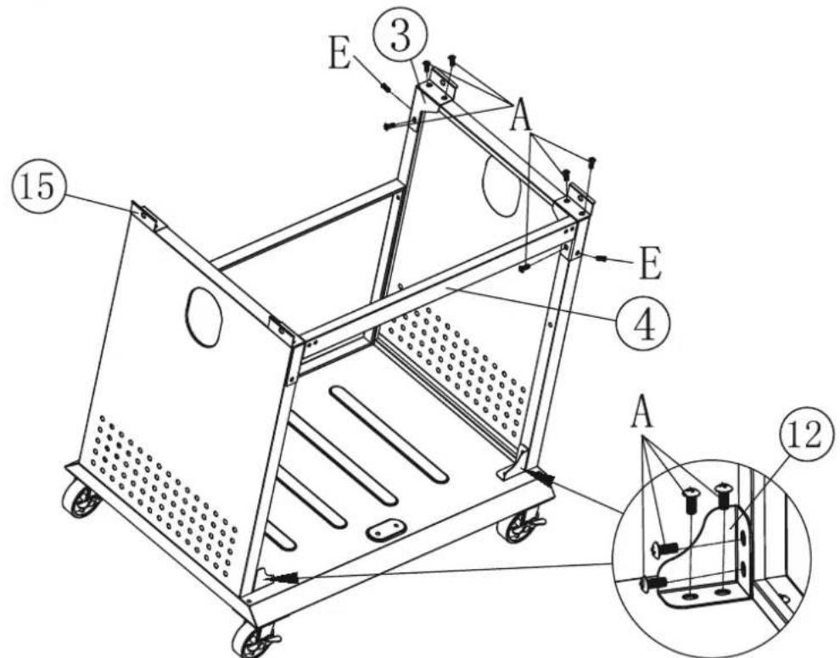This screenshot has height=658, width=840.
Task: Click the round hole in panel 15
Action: (204, 317)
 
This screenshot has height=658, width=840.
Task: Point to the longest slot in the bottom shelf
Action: (389, 433)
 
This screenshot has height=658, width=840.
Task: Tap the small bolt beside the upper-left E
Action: (386, 87)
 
